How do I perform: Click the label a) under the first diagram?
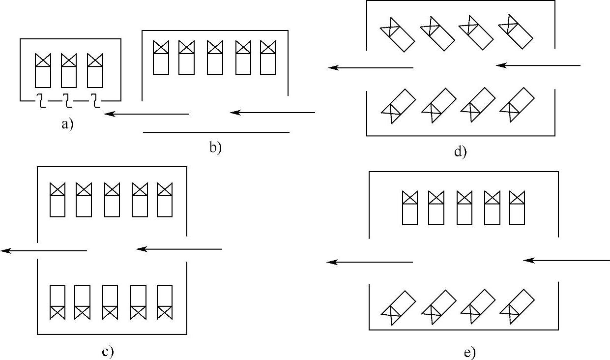click(x=67, y=124)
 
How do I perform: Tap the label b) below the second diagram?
click(x=216, y=147)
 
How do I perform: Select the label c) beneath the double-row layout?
click(x=108, y=351)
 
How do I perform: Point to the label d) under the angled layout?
click(x=460, y=152)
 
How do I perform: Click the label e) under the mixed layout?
click(x=469, y=352)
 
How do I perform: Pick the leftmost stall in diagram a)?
click(x=43, y=70)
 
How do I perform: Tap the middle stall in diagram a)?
click(x=69, y=70)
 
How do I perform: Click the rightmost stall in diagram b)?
click(x=268, y=57)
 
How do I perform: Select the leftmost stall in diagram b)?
click(x=161, y=57)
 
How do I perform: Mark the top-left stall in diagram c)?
click(x=58, y=199)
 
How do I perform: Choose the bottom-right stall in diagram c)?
click(x=165, y=301)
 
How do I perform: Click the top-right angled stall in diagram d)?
click(x=515, y=32)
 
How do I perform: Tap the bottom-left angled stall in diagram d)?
click(x=398, y=106)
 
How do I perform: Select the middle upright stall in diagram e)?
click(x=465, y=208)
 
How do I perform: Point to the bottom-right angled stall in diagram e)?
click(x=517, y=306)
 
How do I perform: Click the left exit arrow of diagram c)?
click(x=44, y=251)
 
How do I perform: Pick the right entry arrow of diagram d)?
click(x=538, y=65)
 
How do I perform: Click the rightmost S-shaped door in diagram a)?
click(x=96, y=101)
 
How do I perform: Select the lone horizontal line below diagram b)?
click(x=216, y=132)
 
